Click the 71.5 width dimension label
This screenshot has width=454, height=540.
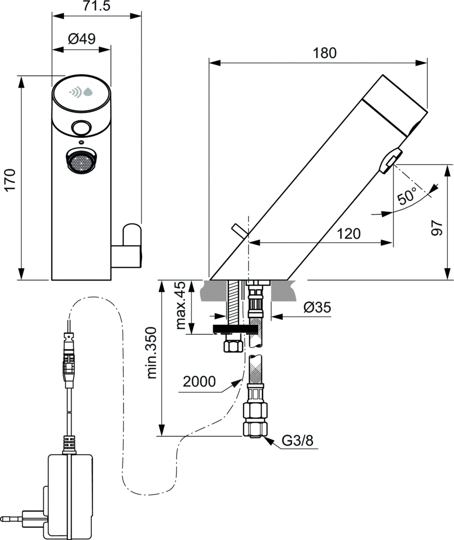[96, 6]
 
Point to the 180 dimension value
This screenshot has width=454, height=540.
[324, 53]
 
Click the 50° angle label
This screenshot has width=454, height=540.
[407, 196]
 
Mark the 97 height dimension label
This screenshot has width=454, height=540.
[436, 225]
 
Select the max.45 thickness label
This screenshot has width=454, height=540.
[181, 306]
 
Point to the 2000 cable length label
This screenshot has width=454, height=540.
[199, 381]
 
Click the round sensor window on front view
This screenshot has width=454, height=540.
[81, 128]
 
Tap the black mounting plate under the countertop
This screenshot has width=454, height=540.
[235, 330]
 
